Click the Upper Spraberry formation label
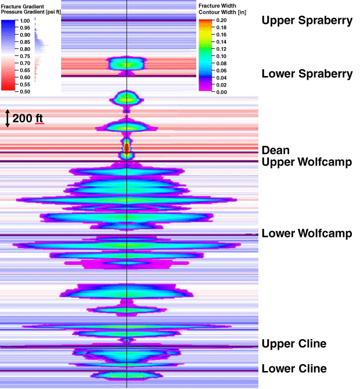coord(307,21)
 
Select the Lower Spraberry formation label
coord(307,74)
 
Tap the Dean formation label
coord(276,150)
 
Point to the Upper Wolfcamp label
coord(307,162)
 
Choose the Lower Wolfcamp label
coord(307,234)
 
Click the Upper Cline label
coord(294,344)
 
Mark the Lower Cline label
coord(294,369)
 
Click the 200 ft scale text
coord(28,118)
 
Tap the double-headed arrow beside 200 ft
coord(7,118)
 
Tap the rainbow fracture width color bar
coord(205,55)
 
